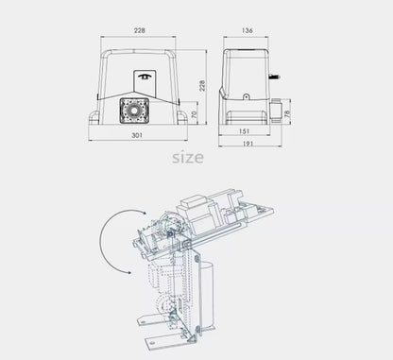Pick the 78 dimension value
[x=300, y=113]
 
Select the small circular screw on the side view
[x=248, y=95]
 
